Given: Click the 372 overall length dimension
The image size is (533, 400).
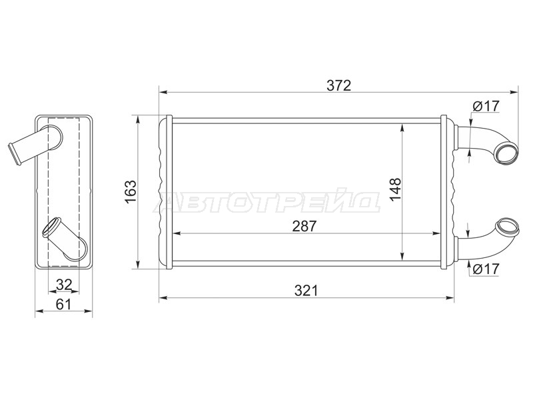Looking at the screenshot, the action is click(338, 86).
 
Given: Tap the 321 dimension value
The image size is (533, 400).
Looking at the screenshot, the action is click(306, 291).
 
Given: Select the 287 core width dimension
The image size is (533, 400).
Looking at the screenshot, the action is click(304, 226).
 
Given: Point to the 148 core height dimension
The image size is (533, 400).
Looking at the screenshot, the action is click(395, 189).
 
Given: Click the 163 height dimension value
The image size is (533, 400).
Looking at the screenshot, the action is click(131, 191).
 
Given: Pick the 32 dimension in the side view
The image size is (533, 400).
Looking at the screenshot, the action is click(64, 285).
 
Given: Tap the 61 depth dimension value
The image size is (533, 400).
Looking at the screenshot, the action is click(63, 304).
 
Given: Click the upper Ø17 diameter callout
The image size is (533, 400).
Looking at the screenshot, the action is click(486, 106).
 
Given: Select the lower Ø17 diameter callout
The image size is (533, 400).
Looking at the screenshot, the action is click(486, 269).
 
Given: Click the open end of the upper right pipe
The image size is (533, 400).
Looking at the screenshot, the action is click(506, 153).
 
